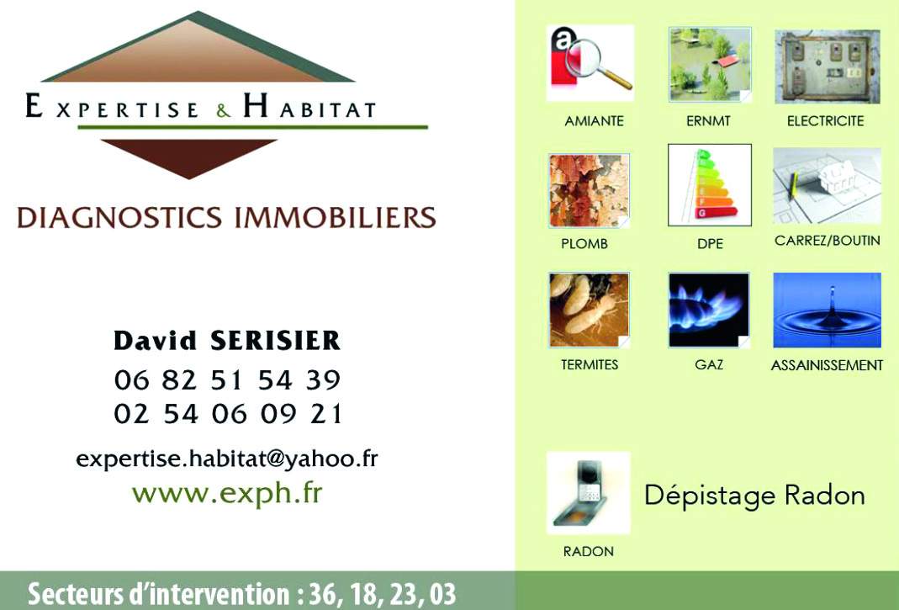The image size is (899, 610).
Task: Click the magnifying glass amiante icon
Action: click(590, 63)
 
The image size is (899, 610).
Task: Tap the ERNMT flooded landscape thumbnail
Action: click(710, 64)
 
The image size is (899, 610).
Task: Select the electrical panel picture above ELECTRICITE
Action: click(828, 66)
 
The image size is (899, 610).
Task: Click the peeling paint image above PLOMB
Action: click(589, 190)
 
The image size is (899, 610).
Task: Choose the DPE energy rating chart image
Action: click(710, 185)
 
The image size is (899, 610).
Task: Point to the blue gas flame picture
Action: click(709, 310)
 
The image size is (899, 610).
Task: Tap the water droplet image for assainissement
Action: click(827, 310)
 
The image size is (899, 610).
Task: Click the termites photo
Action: click(589, 310)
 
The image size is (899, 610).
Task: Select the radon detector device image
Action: click(588, 493)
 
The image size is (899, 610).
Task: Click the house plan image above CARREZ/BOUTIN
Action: click(827, 186)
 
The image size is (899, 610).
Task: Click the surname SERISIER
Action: click(275, 340)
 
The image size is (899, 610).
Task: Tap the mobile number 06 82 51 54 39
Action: click(228, 380)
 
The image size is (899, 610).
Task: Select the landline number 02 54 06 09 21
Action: click(228, 414)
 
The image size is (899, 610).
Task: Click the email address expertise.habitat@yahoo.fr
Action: click(227, 459)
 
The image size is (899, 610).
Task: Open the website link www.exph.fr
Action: click(227, 494)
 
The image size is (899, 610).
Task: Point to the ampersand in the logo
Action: click(224, 110)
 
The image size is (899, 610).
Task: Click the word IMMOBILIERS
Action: click(336, 217)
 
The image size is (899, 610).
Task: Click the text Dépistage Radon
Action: click(754, 496)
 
